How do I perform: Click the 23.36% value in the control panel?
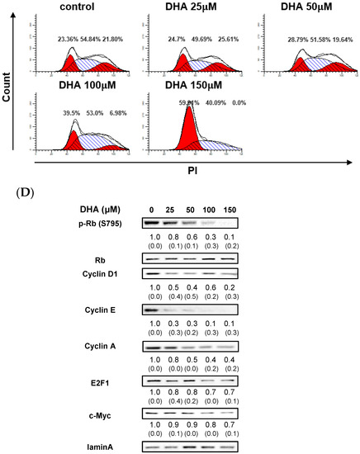pyautogui.click(x=71, y=39)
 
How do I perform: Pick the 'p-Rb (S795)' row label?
pyautogui.click(x=101, y=224)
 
